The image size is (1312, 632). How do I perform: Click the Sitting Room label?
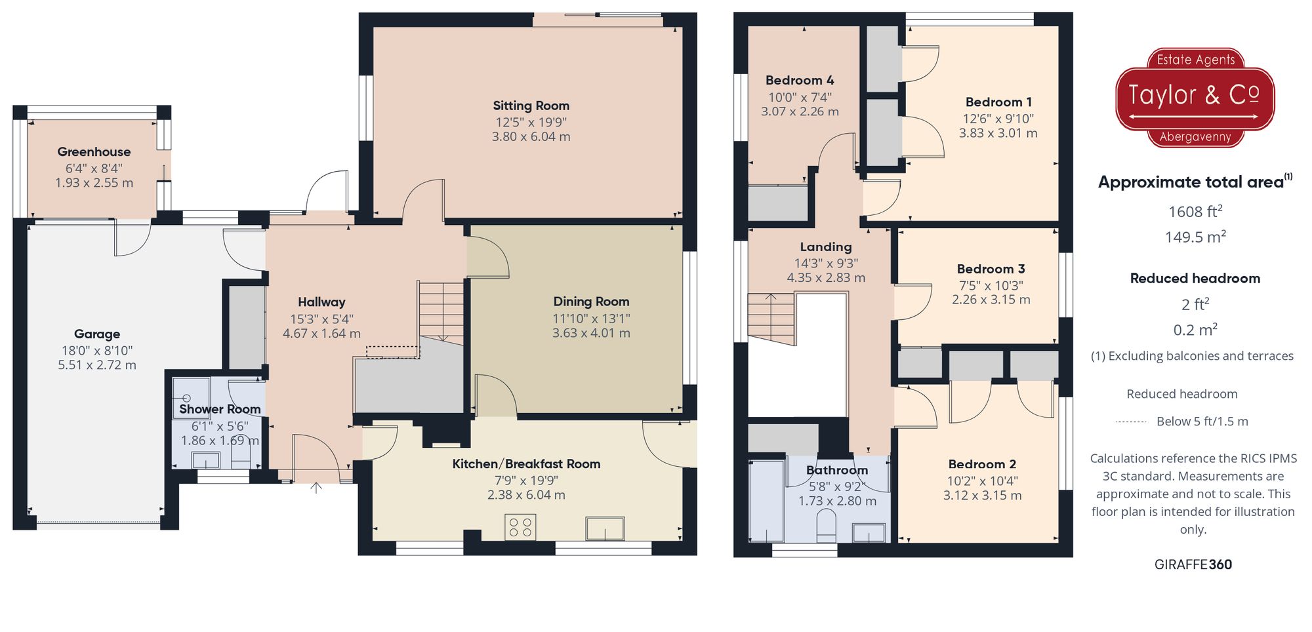[531, 106]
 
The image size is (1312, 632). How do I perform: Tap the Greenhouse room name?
[94, 151]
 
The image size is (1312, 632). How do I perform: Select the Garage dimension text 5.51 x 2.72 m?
[97, 365]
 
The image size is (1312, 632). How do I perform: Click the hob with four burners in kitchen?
[520, 527]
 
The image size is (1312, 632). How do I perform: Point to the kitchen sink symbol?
[605, 528]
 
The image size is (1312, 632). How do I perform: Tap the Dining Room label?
[591, 302]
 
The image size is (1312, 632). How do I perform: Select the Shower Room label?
[220, 409]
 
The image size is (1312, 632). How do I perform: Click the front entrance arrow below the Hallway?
[316, 488]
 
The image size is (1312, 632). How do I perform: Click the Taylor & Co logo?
[1195, 97]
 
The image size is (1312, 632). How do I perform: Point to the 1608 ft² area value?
[1195, 212]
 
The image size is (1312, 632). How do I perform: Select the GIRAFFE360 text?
[1193, 564]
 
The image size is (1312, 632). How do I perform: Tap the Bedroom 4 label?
[800, 81]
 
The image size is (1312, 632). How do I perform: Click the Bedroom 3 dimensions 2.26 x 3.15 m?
[991, 300]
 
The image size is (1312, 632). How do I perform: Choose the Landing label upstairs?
[825, 247]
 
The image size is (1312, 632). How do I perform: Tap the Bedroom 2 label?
[982, 464]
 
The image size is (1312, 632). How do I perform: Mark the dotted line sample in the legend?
[1131, 422]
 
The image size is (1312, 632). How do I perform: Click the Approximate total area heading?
[1191, 182]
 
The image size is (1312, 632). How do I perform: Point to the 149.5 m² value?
[1195, 237]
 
